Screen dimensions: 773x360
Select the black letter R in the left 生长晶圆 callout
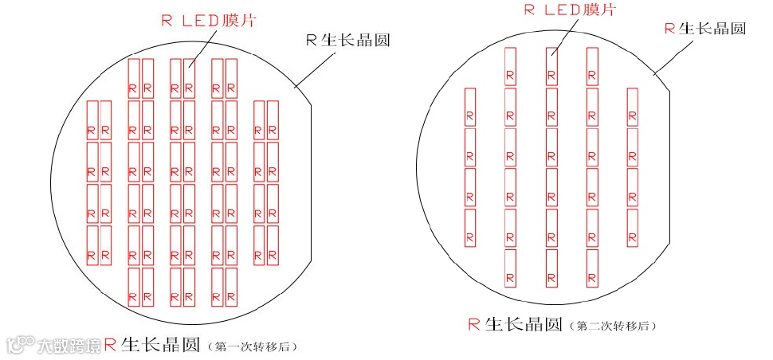tap(312, 41)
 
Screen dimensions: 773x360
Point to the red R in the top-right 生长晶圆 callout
tap(669, 29)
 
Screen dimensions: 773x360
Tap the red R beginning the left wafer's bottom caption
tap(111, 345)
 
